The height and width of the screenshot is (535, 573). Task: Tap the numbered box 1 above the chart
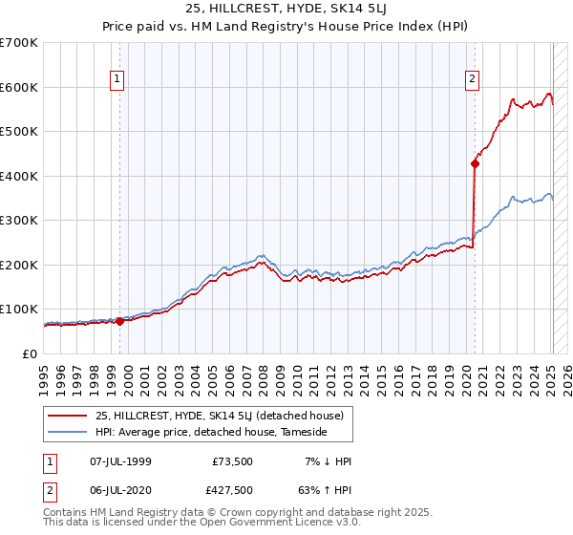pyautogui.click(x=116, y=80)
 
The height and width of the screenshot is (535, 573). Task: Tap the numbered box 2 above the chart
pyautogui.click(x=472, y=80)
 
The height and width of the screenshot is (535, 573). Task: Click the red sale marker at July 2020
pyautogui.click(x=475, y=163)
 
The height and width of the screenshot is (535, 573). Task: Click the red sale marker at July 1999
pyautogui.click(x=119, y=321)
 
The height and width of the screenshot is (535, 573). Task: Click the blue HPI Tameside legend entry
pyautogui.click(x=211, y=433)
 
